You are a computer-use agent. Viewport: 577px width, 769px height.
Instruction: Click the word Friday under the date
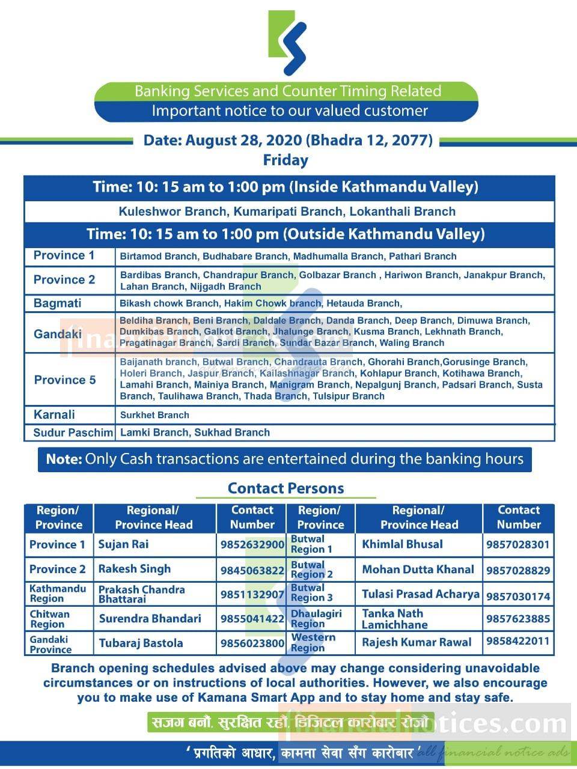pyautogui.click(x=285, y=160)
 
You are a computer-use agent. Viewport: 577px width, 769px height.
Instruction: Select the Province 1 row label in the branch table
pyautogui.click(x=64, y=255)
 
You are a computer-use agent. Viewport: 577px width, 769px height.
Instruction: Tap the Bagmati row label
pyautogui.click(x=57, y=303)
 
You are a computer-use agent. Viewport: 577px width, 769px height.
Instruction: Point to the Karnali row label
pyautogui.click(x=54, y=415)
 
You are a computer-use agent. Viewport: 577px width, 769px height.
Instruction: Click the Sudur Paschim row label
pyautogui.click(x=73, y=433)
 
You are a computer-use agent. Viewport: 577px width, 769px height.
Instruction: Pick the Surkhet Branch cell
pyautogui.click(x=154, y=415)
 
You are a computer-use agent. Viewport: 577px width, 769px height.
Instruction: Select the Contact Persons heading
pyautogui.click(x=285, y=488)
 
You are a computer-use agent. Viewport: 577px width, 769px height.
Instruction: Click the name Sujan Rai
pyautogui.click(x=123, y=544)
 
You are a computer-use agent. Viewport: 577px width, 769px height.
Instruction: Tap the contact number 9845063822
pyautogui.click(x=251, y=570)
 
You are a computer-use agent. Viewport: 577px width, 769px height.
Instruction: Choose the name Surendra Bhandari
pyautogui.click(x=150, y=618)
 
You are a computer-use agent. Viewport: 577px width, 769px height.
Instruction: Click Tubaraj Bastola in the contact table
pyautogui.click(x=141, y=643)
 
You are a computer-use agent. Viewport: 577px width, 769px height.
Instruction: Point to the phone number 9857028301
pyautogui.click(x=517, y=545)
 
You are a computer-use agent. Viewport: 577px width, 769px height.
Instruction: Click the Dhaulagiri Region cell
pyautogui.click(x=316, y=618)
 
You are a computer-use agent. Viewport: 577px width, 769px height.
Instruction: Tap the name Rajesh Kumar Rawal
pyautogui.click(x=417, y=642)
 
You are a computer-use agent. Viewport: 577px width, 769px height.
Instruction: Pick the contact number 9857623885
pyautogui.click(x=517, y=618)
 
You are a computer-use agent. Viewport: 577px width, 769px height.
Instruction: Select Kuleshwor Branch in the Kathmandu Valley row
pyautogui.click(x=154, y=211)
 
